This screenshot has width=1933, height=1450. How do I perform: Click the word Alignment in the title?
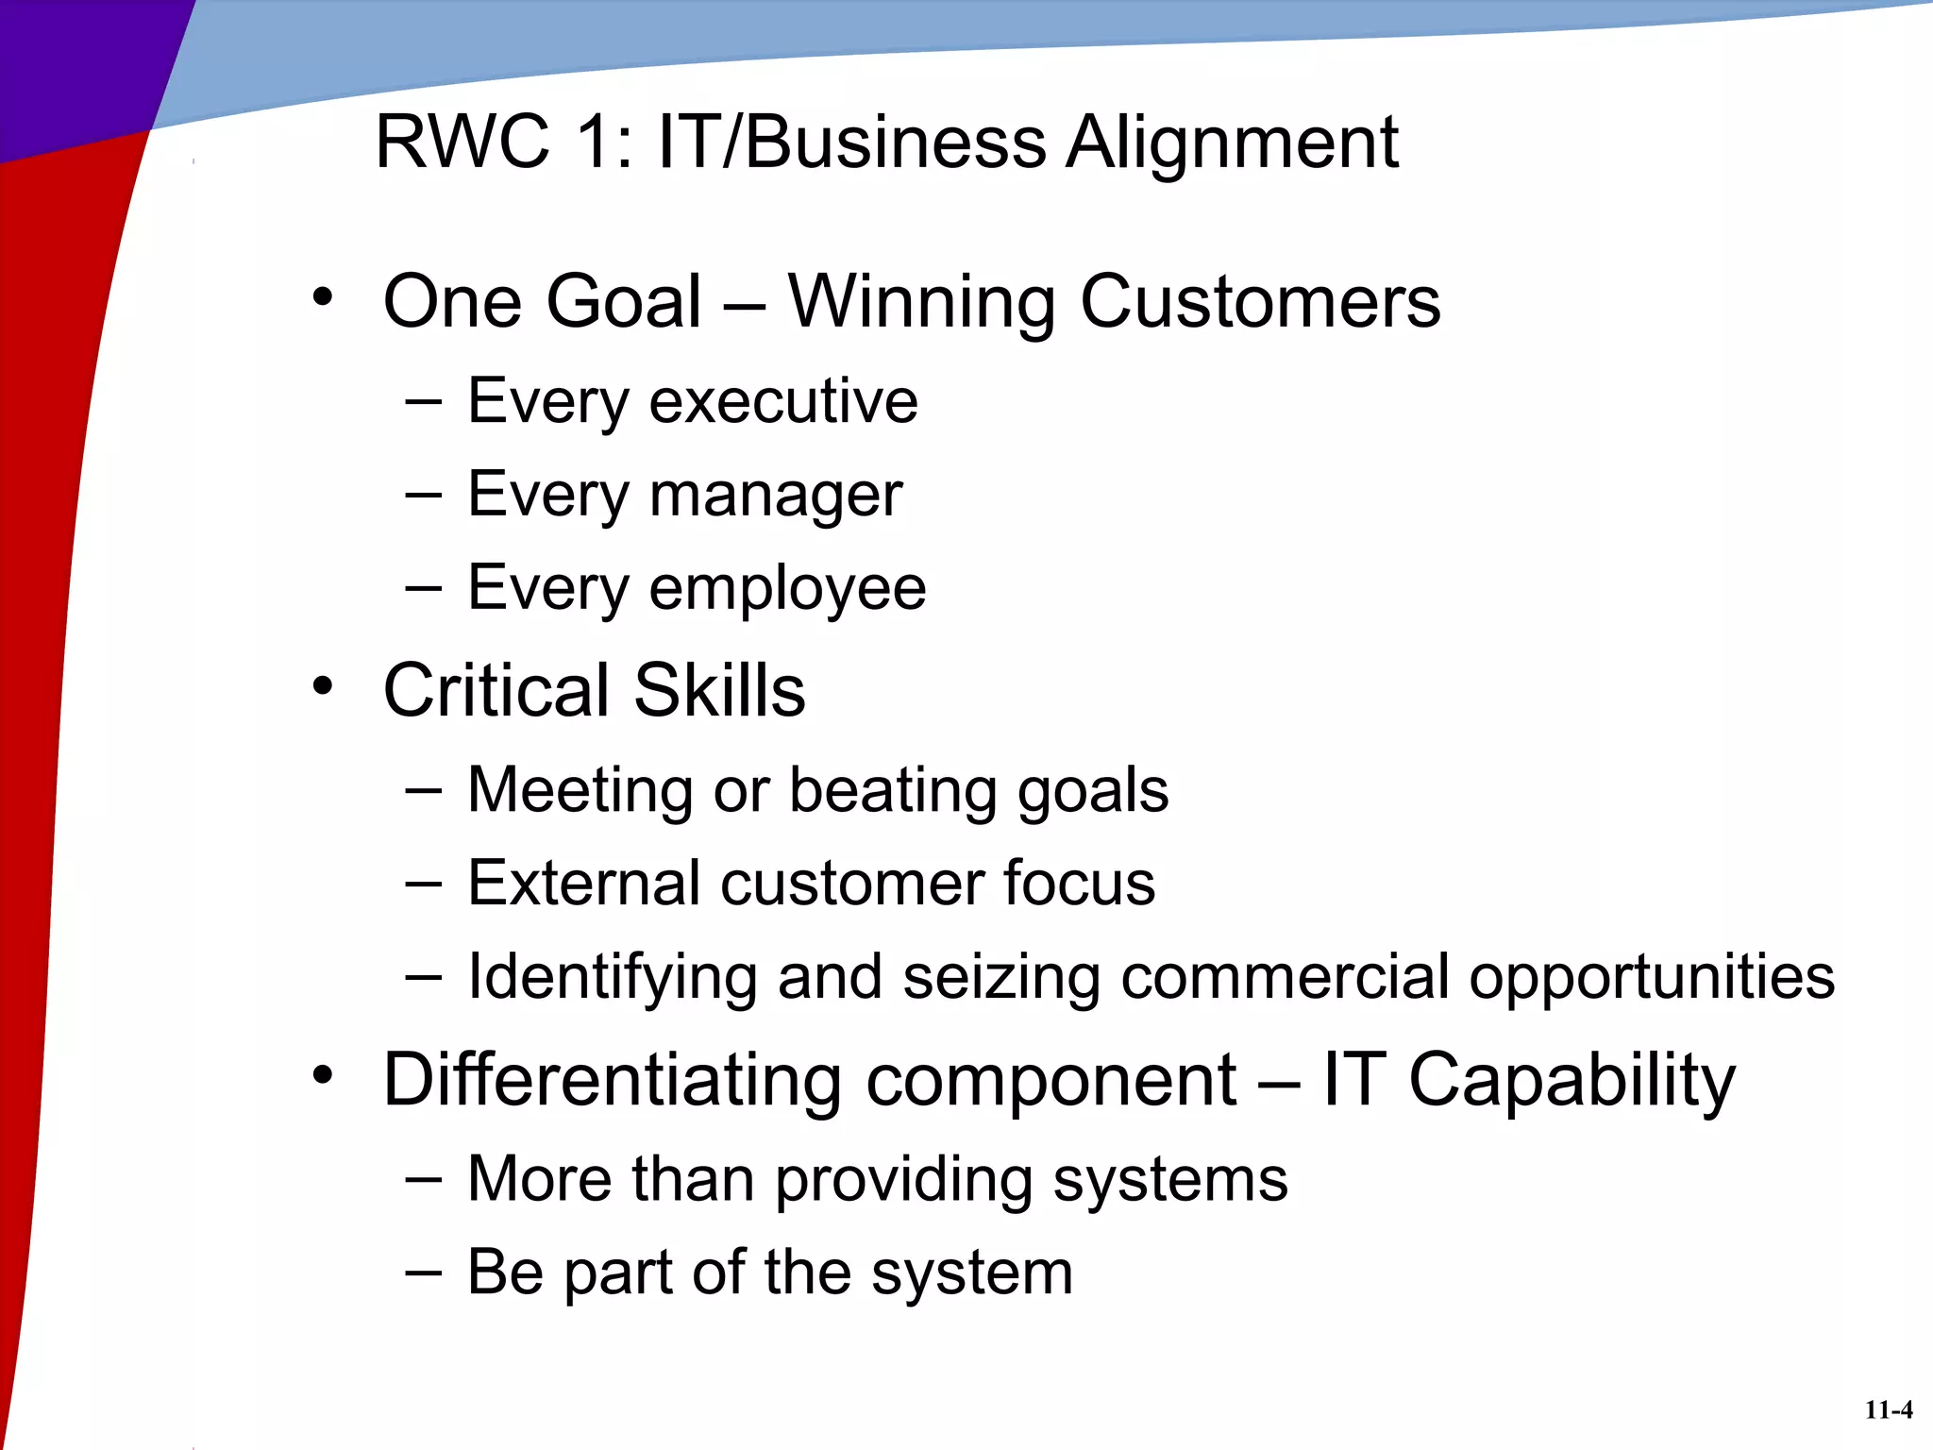tap(1232, 143)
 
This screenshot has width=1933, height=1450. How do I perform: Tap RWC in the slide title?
tap(462, 143)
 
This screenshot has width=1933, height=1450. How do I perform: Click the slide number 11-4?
tap(1889, 1410)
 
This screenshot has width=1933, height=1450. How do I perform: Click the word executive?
tap(783, 401)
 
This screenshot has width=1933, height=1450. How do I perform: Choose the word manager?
tap(776, 496)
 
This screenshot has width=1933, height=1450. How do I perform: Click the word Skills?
tap(719, 690)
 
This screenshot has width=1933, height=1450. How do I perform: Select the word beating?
tap(893, 790)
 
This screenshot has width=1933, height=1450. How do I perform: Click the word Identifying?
tap(612, 978)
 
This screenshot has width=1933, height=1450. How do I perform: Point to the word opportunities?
tap(1652, 978)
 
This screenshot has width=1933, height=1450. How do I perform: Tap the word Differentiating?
tap(612, 1080)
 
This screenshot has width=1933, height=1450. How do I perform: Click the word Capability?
tap(1572, 1080)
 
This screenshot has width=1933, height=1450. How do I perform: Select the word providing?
tap(903, 1180)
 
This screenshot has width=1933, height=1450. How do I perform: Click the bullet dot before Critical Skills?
tap(323, 686)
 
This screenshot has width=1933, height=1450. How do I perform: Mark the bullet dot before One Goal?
tap(323, 298)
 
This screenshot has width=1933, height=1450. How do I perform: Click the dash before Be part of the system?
tap(424, 1272)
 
